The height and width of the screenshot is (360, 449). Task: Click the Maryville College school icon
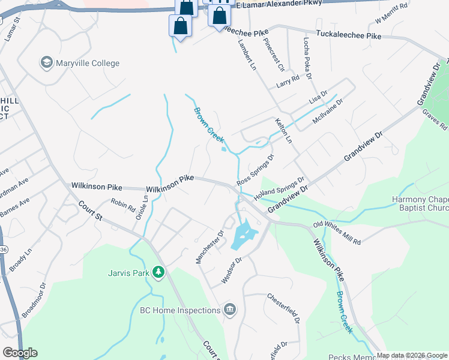coord(46,62)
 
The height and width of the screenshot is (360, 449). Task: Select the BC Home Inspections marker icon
coord(229,310)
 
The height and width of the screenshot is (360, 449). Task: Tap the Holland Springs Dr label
coord(279,188)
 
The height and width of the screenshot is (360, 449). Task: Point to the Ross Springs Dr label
coord(255,170)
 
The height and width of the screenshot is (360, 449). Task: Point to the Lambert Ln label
coord(247,56)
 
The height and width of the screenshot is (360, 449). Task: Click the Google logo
coord(20,352)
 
